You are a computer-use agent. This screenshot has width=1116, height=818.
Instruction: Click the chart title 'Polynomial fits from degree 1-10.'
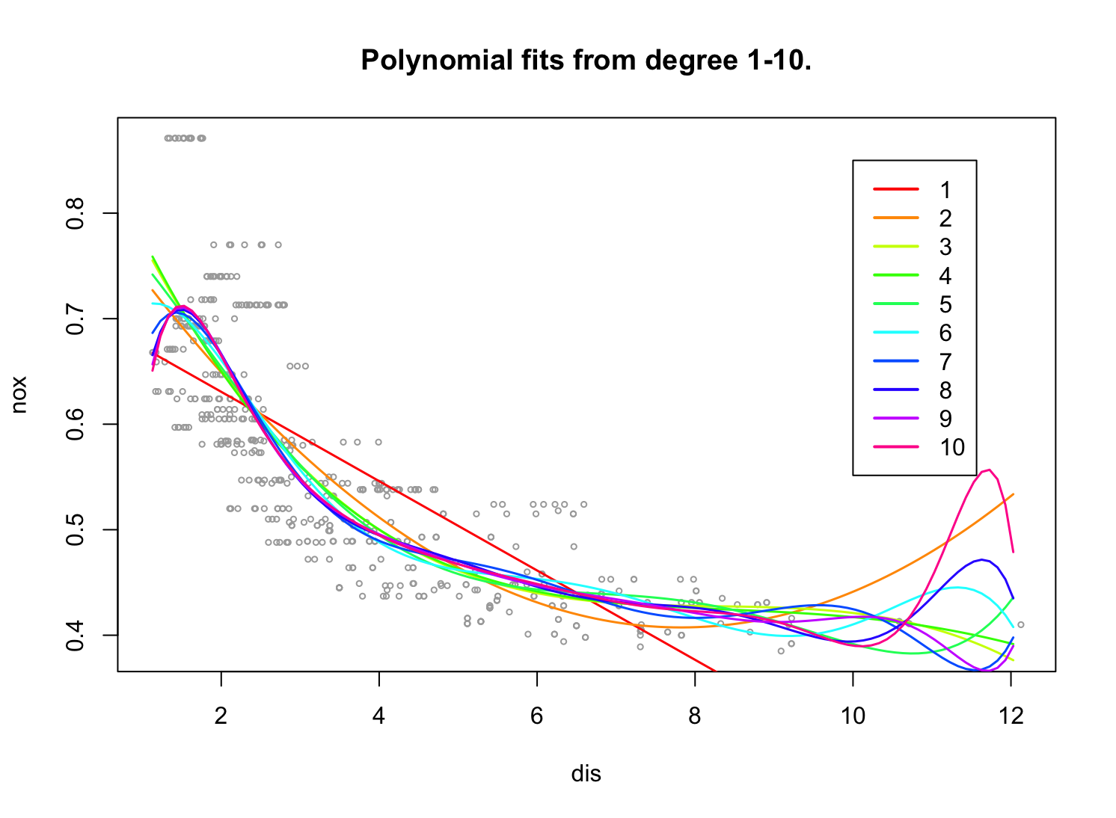coord(586,61)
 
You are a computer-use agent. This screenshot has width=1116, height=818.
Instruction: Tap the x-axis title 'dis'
coord(586,774)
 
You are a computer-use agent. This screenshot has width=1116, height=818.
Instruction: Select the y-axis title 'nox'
coord(20,395)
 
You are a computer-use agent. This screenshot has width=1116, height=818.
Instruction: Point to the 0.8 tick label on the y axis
coord(76,214)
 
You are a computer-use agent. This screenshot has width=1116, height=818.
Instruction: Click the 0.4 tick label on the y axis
coord(76,636)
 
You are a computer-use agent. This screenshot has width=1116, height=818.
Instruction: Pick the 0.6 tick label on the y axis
coord(76,424)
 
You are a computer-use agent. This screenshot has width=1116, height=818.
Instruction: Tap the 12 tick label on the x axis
coord(1011,716)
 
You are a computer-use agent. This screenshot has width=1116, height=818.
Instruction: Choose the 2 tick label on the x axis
coord(221,716)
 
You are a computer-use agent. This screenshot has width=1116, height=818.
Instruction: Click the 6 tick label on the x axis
coord(536,716)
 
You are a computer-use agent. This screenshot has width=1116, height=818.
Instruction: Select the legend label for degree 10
coord(952,447)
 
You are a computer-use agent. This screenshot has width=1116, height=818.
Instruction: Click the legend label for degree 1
coord(945,190)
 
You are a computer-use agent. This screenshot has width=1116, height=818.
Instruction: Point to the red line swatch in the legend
coord(895,190)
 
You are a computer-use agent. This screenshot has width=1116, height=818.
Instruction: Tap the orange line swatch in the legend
coord(895,218)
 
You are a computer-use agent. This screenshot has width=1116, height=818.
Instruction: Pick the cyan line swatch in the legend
coord(895,333)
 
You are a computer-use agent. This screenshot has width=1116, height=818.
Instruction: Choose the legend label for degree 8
coord(945,390)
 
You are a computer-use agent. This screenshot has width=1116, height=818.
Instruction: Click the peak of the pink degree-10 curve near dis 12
coord(989,470)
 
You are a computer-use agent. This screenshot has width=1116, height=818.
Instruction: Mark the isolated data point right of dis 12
coord(1020,624)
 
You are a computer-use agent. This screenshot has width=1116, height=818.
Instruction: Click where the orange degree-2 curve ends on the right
coord(1014,493)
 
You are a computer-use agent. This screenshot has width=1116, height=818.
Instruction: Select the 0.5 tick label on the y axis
coord(76,530)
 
